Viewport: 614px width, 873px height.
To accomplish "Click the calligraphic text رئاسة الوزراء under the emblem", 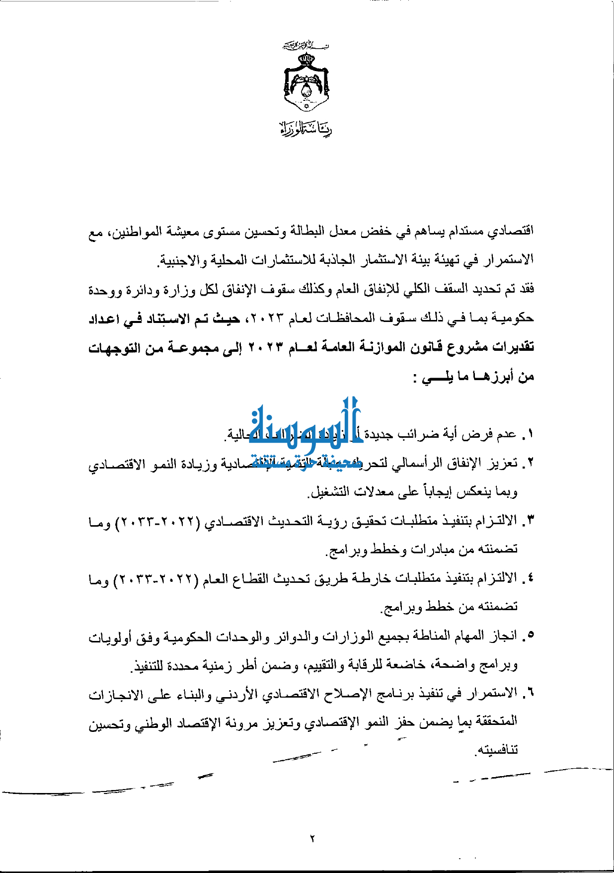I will tap(306, 129).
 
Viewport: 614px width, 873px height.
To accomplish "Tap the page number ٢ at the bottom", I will tap(312, 839).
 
